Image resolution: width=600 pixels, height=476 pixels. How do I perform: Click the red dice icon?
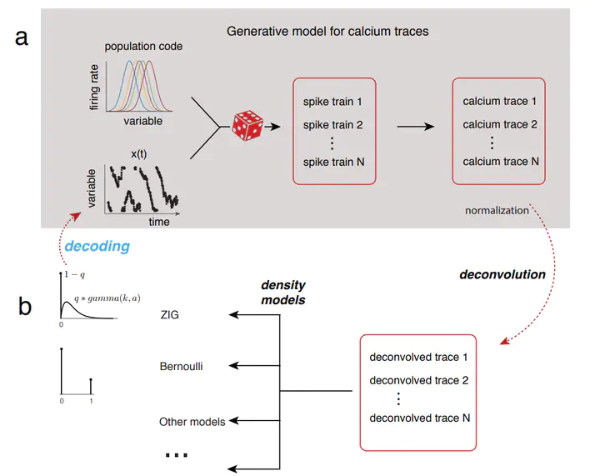point(247,126)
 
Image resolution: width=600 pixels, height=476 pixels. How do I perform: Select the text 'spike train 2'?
point(332,125)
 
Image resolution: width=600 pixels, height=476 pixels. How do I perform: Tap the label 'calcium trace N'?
point(501,162)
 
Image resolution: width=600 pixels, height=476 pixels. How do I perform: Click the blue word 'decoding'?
point(97,247)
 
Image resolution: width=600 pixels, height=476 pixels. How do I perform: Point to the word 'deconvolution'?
point(502,274)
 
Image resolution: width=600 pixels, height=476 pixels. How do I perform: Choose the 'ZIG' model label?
point(169,314)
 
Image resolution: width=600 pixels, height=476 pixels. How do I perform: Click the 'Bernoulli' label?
point(181,366)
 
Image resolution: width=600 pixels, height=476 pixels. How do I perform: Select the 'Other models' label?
point(192,422)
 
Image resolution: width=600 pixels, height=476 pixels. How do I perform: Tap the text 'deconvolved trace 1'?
point(418,357)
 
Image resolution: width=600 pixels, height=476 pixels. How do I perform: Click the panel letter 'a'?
point(22,38)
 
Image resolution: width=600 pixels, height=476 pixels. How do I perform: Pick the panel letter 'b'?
point(24,306)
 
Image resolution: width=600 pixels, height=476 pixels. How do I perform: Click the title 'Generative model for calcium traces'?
point(327,31)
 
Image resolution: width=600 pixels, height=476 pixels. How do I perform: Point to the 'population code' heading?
point(143,47)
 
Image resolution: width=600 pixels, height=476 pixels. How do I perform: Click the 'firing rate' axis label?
point(94,88)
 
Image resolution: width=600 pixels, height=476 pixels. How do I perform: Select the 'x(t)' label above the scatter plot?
point(138,154)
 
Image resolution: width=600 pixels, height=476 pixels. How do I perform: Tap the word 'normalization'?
point(497,210)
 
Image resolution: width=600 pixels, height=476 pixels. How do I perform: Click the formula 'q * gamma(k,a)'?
point(107,298)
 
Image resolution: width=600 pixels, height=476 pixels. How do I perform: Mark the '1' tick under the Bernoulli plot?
point(91,401)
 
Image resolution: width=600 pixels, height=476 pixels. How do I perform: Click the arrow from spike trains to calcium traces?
point(416,126)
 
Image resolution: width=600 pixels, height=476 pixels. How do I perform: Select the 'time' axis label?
point(159,222)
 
